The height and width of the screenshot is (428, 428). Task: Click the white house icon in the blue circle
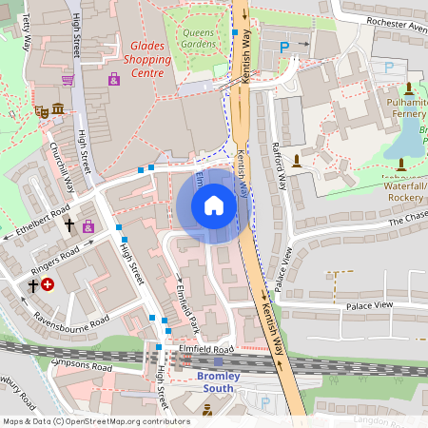[213, 205]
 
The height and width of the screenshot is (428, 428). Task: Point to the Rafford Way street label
[279, 162]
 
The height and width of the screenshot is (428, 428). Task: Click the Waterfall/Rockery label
[405, 191]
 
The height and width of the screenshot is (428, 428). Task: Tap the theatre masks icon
[41, 111]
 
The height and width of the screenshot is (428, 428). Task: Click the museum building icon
[58, 107]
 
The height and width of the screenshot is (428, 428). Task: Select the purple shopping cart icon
[68, 80]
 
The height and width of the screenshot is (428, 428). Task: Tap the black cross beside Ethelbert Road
[68, 225]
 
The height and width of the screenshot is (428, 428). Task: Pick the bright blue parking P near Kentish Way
[283, 45]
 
